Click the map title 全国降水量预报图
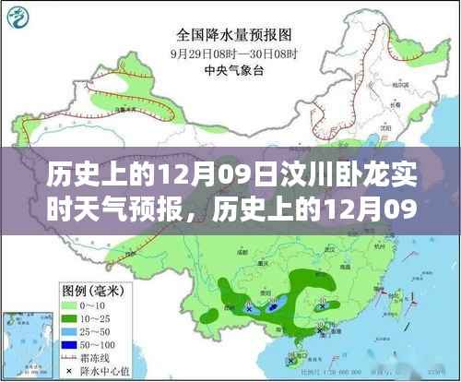[x=230, y=35]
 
